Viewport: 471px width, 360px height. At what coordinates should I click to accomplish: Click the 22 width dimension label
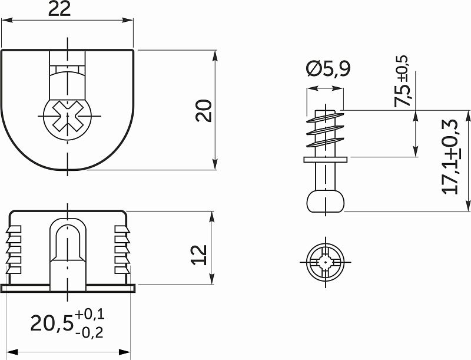click(x=67, y=9)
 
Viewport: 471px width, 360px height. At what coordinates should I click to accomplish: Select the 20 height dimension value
click(x=204, y=110)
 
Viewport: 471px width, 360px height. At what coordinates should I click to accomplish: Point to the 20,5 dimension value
click(x=52, y=323)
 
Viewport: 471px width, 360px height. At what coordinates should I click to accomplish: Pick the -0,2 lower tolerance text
click(x=89, y=332)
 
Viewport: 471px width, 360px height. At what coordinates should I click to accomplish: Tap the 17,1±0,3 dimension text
click(x=452, y=156)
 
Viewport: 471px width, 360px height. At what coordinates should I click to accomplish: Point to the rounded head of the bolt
click(x=326, y=200)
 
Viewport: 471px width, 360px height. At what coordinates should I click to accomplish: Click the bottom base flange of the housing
click(x=68, y=288)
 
